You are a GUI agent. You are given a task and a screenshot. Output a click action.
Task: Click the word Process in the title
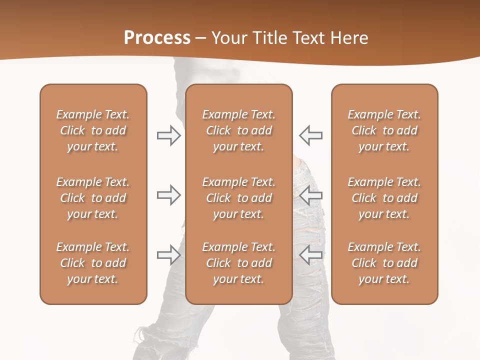click(x=157, y=38)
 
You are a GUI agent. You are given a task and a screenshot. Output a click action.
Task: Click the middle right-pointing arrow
click(x=168, y=195)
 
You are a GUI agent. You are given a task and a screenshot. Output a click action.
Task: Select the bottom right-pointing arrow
click(x=168, y=255)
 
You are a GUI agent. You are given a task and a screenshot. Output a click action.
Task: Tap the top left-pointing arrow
click(x=310, y=135)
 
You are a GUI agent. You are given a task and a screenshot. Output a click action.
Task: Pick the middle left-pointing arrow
click(x=310, y=195)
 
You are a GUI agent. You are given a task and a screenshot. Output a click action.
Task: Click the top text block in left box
click(x=93, y=130)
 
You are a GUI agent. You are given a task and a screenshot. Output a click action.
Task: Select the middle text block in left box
click(x=93, y=198)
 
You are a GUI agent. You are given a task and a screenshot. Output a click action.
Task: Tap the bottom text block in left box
click(x=93, y=263)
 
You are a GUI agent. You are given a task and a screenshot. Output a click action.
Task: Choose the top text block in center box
click(x=238, y=130)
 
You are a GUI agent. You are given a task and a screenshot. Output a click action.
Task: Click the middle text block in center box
click(x=238, y=198)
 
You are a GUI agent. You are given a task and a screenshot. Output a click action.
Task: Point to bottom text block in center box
click(x=238, y=263)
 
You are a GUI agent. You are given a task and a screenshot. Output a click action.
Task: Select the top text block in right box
click(x=384, y=130)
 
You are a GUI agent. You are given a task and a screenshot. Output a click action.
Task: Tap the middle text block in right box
click(x=384, y=198)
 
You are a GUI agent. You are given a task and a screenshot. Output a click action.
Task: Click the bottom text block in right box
click(x=384, y=263)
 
